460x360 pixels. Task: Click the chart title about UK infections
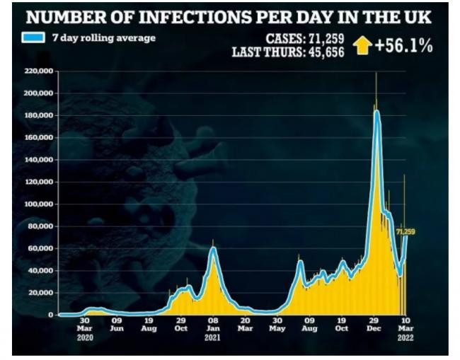tap(229, 17)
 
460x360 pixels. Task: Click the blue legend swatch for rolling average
tap(33, 37)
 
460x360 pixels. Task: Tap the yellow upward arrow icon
tap(362, 45)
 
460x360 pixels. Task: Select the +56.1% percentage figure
tap(403, 46)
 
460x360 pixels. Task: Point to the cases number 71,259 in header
tap(326, 38)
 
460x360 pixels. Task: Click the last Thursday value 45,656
tap(326, 52)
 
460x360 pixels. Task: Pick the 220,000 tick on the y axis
tap(39, 71)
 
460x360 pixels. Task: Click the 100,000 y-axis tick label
tap(39, 204)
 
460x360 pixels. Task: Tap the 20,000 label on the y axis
tap(40, 293)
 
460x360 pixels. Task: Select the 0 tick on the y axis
tap(51, 315)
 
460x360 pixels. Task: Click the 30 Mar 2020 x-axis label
tap(85, 329)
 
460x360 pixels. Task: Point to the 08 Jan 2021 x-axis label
tap(213, 329)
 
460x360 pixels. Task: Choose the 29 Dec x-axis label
tap(374, 325)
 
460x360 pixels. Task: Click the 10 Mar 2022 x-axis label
tap(406, 329)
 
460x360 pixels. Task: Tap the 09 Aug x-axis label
tap(309, 325)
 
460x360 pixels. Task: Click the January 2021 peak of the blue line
tap(214, 248)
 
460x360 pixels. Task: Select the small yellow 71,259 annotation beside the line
tap(406, 232)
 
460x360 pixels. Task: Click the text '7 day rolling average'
tap(104, 38)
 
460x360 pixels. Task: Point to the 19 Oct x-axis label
tap(342, 325)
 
